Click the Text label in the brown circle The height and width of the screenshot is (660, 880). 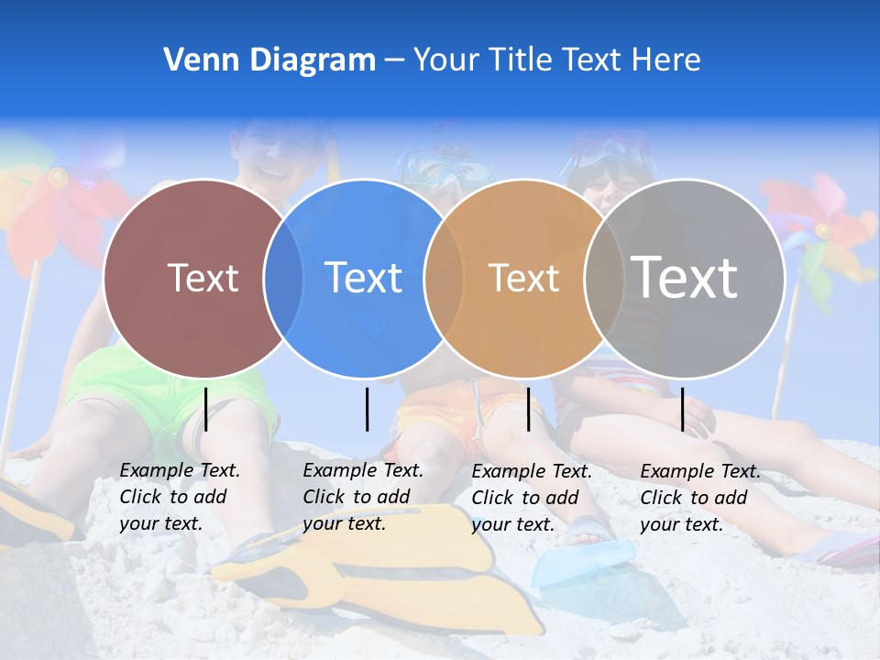tap(203, 278)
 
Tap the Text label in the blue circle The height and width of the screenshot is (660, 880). tap(363, 278)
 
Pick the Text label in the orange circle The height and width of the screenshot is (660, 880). tap(523, 278)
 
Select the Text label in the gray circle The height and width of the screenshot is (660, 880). tap(684, 277)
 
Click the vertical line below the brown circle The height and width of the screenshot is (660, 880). tap(206, 409)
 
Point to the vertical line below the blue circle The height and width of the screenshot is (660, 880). tap(367, 409)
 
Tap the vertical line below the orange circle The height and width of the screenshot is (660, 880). tap(528, 409)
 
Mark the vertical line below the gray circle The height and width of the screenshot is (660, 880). tap(682, 409)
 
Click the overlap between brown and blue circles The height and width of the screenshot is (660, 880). tap(283, 279)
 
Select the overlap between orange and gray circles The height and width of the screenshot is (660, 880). tap(604, 279)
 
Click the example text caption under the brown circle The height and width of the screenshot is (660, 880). tap(179, 497)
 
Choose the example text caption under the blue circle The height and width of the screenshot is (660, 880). tap(362, 497)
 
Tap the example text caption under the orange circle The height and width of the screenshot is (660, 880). tap(531, 498)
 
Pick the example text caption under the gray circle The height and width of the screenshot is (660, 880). tap(699, 498)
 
